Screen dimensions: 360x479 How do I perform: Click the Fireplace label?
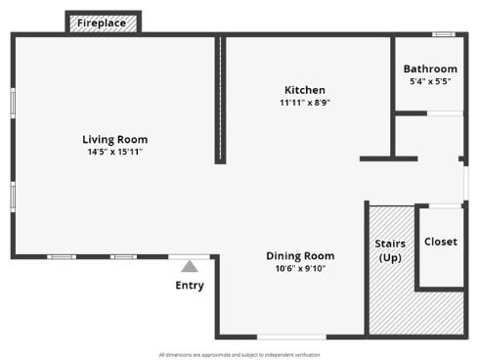[102, 22]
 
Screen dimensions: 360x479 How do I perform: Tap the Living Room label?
[114, 139]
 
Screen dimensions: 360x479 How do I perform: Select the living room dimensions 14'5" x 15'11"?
[114, 152]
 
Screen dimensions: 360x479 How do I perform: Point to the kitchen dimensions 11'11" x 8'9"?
[305, 102]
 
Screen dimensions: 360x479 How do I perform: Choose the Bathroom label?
[430, 69]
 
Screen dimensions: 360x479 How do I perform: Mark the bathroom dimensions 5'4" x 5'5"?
[430, 82]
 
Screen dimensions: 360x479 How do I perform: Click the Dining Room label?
[300, 255]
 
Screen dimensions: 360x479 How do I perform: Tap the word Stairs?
[390, 244]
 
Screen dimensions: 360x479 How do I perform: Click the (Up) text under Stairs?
[390, 257]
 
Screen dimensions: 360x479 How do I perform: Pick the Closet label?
[440, 242]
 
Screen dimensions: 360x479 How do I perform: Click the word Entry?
[190, 286]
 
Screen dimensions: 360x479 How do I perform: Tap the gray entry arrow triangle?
[190, 265]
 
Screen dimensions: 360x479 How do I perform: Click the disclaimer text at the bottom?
[239, 354]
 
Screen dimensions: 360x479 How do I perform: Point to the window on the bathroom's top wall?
[444, 35]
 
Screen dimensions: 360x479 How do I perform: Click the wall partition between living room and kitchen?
[221, 100]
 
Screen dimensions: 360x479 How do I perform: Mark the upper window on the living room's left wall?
[12, 103]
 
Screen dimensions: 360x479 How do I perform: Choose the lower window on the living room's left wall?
[12, 195]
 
